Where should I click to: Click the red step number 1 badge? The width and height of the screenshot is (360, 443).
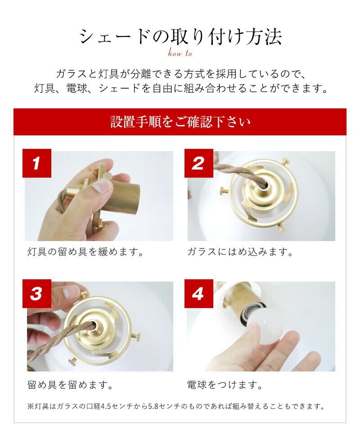(37, 163)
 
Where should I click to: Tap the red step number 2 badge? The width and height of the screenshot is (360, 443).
(198, 163)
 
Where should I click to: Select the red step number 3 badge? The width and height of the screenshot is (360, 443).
(37, 294)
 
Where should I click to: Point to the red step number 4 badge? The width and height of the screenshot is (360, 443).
(198, 294)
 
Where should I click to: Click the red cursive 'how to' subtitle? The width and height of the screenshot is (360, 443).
(180, 53)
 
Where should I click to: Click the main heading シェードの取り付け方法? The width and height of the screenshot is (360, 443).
(180, 37)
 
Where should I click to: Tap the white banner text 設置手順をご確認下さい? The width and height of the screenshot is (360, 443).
(180, 122)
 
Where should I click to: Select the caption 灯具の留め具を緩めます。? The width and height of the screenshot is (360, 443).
(86, 251)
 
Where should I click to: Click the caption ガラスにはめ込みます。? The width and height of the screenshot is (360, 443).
(240, 251)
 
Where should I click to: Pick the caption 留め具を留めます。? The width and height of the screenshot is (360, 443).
(70, 385)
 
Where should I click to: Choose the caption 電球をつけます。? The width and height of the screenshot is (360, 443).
(225, 385)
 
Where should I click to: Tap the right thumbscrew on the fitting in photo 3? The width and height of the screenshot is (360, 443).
(136, 336)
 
